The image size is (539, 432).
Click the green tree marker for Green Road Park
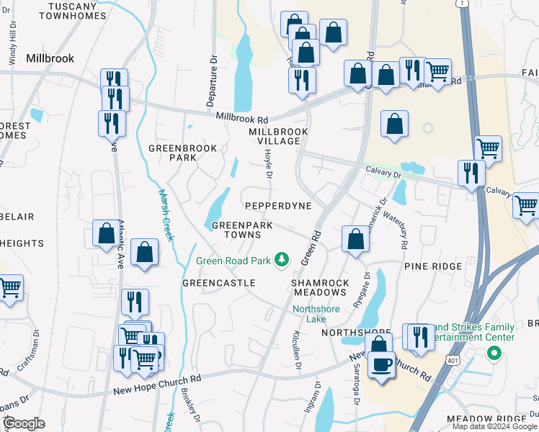(284, 258)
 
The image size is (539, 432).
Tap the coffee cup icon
(381, 364)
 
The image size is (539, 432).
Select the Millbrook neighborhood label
(50, 58)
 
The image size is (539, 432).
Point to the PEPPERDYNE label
(278, 206)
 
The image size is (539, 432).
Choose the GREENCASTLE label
(218, 283)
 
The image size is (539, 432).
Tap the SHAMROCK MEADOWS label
(320, 287)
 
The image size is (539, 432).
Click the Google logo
(25, 423)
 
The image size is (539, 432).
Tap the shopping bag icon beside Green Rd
(355, 240)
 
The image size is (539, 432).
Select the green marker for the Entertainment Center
(494, 353)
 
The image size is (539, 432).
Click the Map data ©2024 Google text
(494, 426)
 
